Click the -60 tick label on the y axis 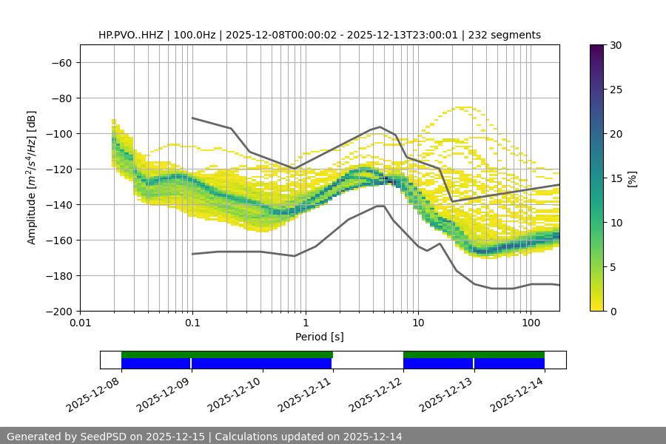click(61, 62)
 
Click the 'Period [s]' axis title click(319, 337)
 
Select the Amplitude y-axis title click(32, 178)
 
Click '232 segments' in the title click(505, 35)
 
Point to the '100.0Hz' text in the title click(195, 35)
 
